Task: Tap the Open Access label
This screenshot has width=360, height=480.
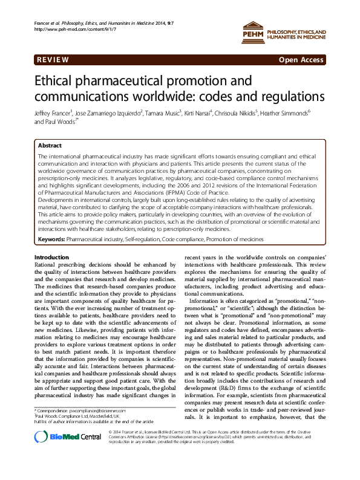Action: [301, 60]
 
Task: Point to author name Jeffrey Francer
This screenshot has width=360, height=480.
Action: [54, 112]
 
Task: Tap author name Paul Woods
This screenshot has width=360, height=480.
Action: [58, 122]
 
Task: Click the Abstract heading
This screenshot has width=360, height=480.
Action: [50, 146]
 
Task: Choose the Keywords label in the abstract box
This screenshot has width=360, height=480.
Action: [51, 239]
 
